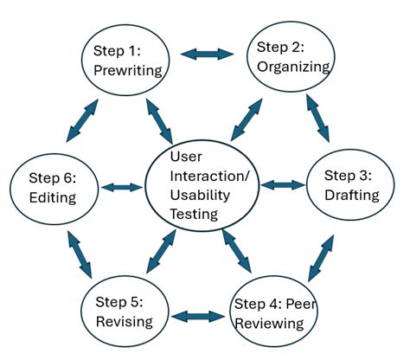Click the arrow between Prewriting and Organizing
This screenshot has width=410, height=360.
coord(208,55)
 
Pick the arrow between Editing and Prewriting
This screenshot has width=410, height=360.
coord(84,119)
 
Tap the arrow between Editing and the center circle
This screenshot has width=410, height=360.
coord(121,187)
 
